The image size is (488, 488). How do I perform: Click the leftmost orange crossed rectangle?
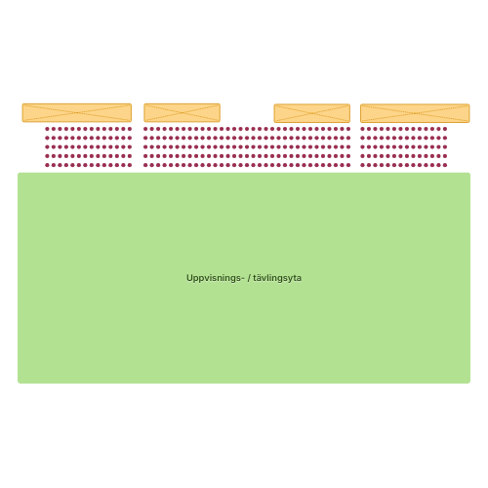(x=77, y=113)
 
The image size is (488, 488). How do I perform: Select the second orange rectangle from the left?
(x=183, y=113)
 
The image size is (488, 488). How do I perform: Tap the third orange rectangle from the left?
(x=312, y=113)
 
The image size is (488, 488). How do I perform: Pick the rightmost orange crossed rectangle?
(x=415, y=113)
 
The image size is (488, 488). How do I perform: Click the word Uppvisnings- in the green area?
(x=215, y=278)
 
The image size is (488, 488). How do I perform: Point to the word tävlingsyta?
(x=277, y=278)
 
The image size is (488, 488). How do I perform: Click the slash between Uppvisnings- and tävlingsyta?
(x=249, y=278)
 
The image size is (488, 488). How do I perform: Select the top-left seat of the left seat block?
(x=47, y=129)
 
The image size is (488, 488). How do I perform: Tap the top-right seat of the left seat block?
(x=130, y=129)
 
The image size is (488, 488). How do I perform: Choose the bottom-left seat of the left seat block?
(x=47, y=165)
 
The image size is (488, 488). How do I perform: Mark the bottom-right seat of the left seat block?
(x=130, y=165)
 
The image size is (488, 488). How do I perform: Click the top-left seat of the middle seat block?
(x=145, y=129)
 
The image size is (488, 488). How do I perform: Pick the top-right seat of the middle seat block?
(x=348, y=129)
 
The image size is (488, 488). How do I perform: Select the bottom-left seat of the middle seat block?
(x=145, y=165)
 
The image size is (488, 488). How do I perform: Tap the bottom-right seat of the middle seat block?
(x=348, y=165)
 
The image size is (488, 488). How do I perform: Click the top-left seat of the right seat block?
(x=362, y=129)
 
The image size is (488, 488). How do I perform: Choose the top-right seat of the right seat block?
(x=445, y=129)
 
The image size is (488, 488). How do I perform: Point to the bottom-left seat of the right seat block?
(x=362, y=165)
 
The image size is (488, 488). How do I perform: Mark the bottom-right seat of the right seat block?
(x=445, y=165)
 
